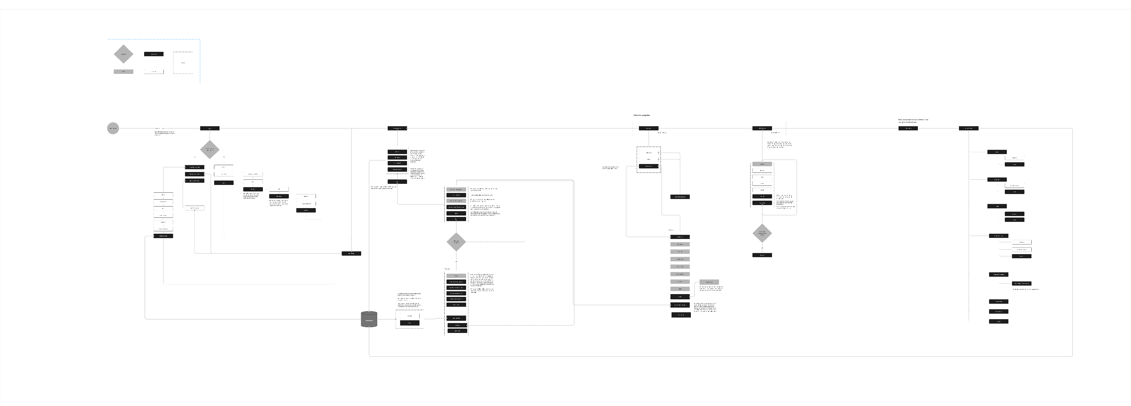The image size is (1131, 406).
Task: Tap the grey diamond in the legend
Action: (x=123, y=54)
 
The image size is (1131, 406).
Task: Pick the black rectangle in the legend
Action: (x=154, y=54)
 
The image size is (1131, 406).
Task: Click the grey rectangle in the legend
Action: (x=123, y=71)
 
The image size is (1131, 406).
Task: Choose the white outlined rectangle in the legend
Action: (x=154, y=71)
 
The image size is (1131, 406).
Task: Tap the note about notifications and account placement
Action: (x=913, y=120)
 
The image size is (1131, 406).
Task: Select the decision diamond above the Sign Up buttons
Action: (x=210, y=149)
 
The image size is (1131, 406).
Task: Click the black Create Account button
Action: (x=163, y=236)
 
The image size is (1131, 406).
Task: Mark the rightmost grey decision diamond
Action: (x=762, y=233)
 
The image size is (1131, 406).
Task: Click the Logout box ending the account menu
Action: (x=998, y=321)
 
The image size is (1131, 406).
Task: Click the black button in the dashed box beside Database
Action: (x=410, y=323)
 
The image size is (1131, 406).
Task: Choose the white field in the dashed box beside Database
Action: (x=410, y=316)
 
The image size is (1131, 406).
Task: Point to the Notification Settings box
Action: (x=998, y=275)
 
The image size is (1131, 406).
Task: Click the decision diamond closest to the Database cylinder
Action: (x=456, y=241)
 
